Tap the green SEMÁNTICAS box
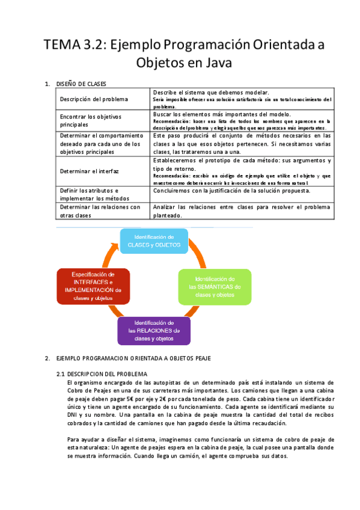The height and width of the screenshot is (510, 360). pyautogui.click(x=215, y=287)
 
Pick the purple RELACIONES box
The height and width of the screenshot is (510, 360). pyautogui.click(x=154, y=330)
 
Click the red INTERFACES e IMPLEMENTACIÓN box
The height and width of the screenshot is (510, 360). pyautogui.click(x=93, y=285)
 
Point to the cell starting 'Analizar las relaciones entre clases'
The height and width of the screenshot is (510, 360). pyautogui.click(x=242, y=210)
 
